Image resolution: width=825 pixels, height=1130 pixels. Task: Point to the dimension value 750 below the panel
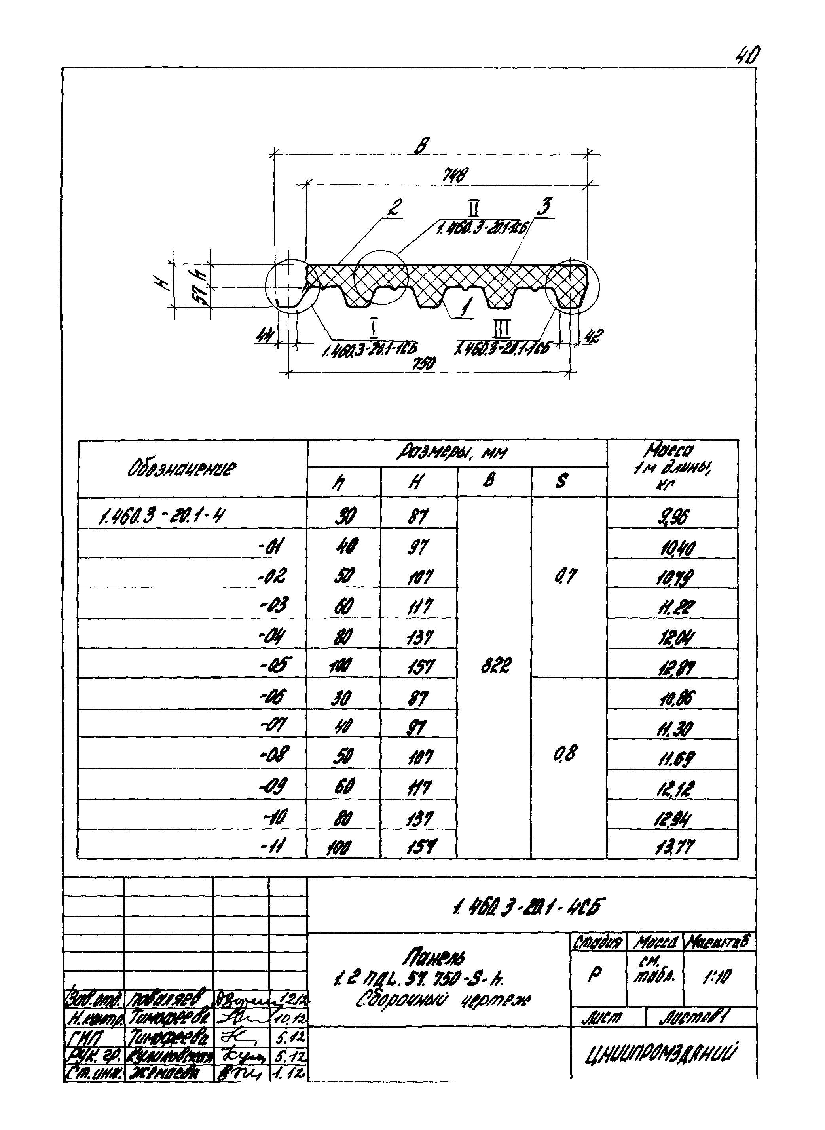click(x=423, y=363)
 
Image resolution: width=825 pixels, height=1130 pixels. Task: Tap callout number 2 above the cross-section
click(x=395, y=208)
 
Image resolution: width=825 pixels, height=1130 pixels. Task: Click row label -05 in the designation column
click(x=274, y=665)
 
